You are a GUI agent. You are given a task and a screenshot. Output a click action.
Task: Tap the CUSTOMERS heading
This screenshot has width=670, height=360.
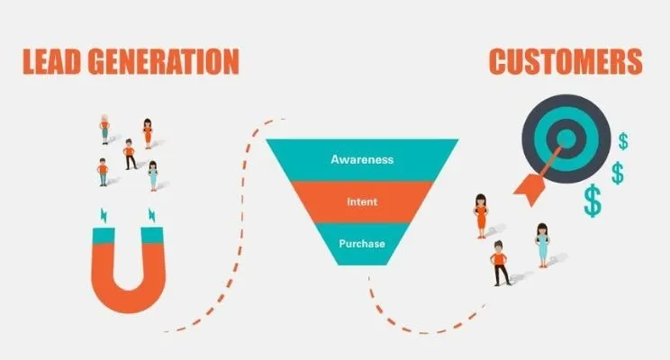(566, 60)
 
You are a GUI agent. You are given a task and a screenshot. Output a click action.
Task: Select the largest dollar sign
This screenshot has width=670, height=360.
(592, 201)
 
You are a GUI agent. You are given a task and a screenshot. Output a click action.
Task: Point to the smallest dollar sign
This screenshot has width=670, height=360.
(623, 140)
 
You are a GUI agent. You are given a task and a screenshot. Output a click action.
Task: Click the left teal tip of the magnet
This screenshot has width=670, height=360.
(103, 235)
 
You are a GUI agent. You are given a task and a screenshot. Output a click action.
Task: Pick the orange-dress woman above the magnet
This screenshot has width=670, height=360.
(148, 132)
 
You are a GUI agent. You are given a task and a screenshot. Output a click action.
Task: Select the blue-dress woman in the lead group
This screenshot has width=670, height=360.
(153, 175)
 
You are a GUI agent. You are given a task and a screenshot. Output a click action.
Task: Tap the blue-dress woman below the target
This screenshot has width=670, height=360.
(542, 243)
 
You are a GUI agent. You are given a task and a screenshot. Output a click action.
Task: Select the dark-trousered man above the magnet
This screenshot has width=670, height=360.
(130, 154)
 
